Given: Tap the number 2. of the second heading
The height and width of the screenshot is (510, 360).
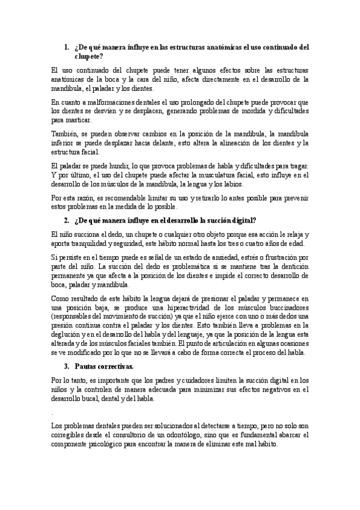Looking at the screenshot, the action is click(67, 220).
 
